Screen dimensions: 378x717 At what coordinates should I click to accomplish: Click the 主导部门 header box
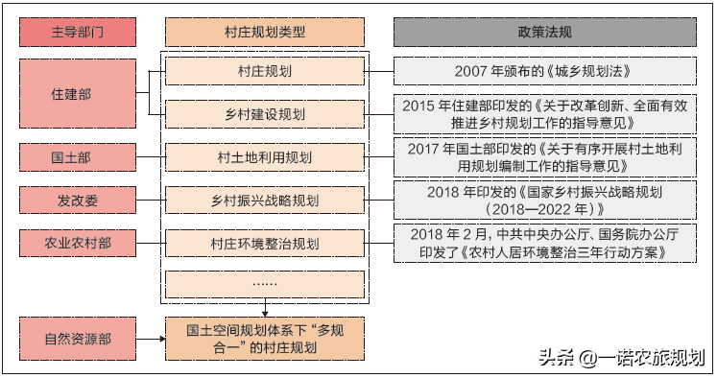point(77,32)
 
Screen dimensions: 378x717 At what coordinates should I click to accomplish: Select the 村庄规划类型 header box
point(264,32)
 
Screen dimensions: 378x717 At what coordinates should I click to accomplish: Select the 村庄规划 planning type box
point(264,72)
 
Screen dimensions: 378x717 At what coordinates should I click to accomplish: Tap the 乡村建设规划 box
point(264,115)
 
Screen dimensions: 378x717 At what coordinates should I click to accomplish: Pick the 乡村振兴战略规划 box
point(264,201)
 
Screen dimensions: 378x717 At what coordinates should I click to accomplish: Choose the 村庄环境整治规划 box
point(264,244)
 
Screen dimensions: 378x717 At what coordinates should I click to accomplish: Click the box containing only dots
point(264,285)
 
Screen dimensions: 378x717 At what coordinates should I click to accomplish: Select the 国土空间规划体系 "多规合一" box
point(264,340)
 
